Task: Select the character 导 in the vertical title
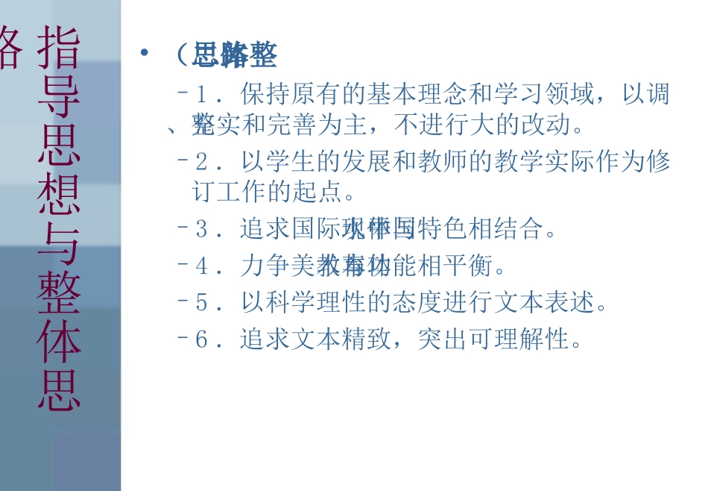tap(59, 96)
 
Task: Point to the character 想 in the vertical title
tap(59, 196)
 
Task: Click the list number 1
tap(200, 95)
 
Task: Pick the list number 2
tap(200, 162)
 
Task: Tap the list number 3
tap(200, 229)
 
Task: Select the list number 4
tap(200, 266)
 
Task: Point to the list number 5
tap(200, 303)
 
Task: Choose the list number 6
tap(200, 340)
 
